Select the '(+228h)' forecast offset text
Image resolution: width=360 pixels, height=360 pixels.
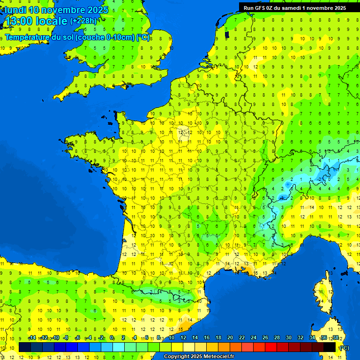pos(83,21)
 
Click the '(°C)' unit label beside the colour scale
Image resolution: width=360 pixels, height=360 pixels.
pos(344,348)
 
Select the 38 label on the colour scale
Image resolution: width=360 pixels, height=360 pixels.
pos(335,338)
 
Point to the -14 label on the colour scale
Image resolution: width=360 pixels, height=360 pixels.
pos(32,338)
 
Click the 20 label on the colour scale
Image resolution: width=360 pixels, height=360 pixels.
pos(230,338)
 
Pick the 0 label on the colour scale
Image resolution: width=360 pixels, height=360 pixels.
pos(112,338)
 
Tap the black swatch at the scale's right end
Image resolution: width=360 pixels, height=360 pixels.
pos(330,347)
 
